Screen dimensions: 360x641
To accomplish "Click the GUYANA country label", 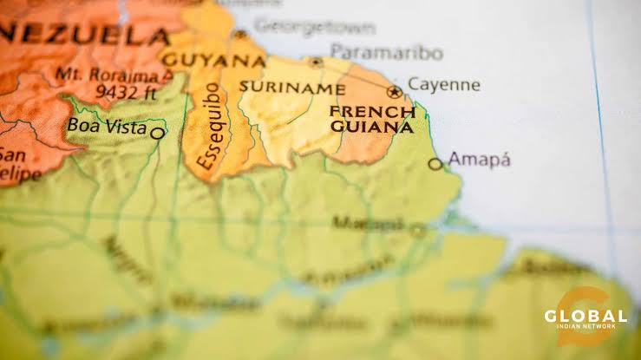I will (213, 61).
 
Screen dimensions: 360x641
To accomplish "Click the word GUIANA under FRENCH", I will (371, 127).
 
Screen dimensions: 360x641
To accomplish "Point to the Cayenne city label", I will (443, 85).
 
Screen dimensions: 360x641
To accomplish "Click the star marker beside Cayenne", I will (395, 91).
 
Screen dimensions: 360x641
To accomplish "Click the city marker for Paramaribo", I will (317, 62).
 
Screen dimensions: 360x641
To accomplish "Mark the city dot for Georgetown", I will (240, 35).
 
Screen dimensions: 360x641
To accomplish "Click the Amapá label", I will (479, 160).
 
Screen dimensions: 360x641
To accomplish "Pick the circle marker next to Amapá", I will (435, 163).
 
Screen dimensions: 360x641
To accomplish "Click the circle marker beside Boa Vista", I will (157, 133).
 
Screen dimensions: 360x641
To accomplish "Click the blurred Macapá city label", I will (368, 223).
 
